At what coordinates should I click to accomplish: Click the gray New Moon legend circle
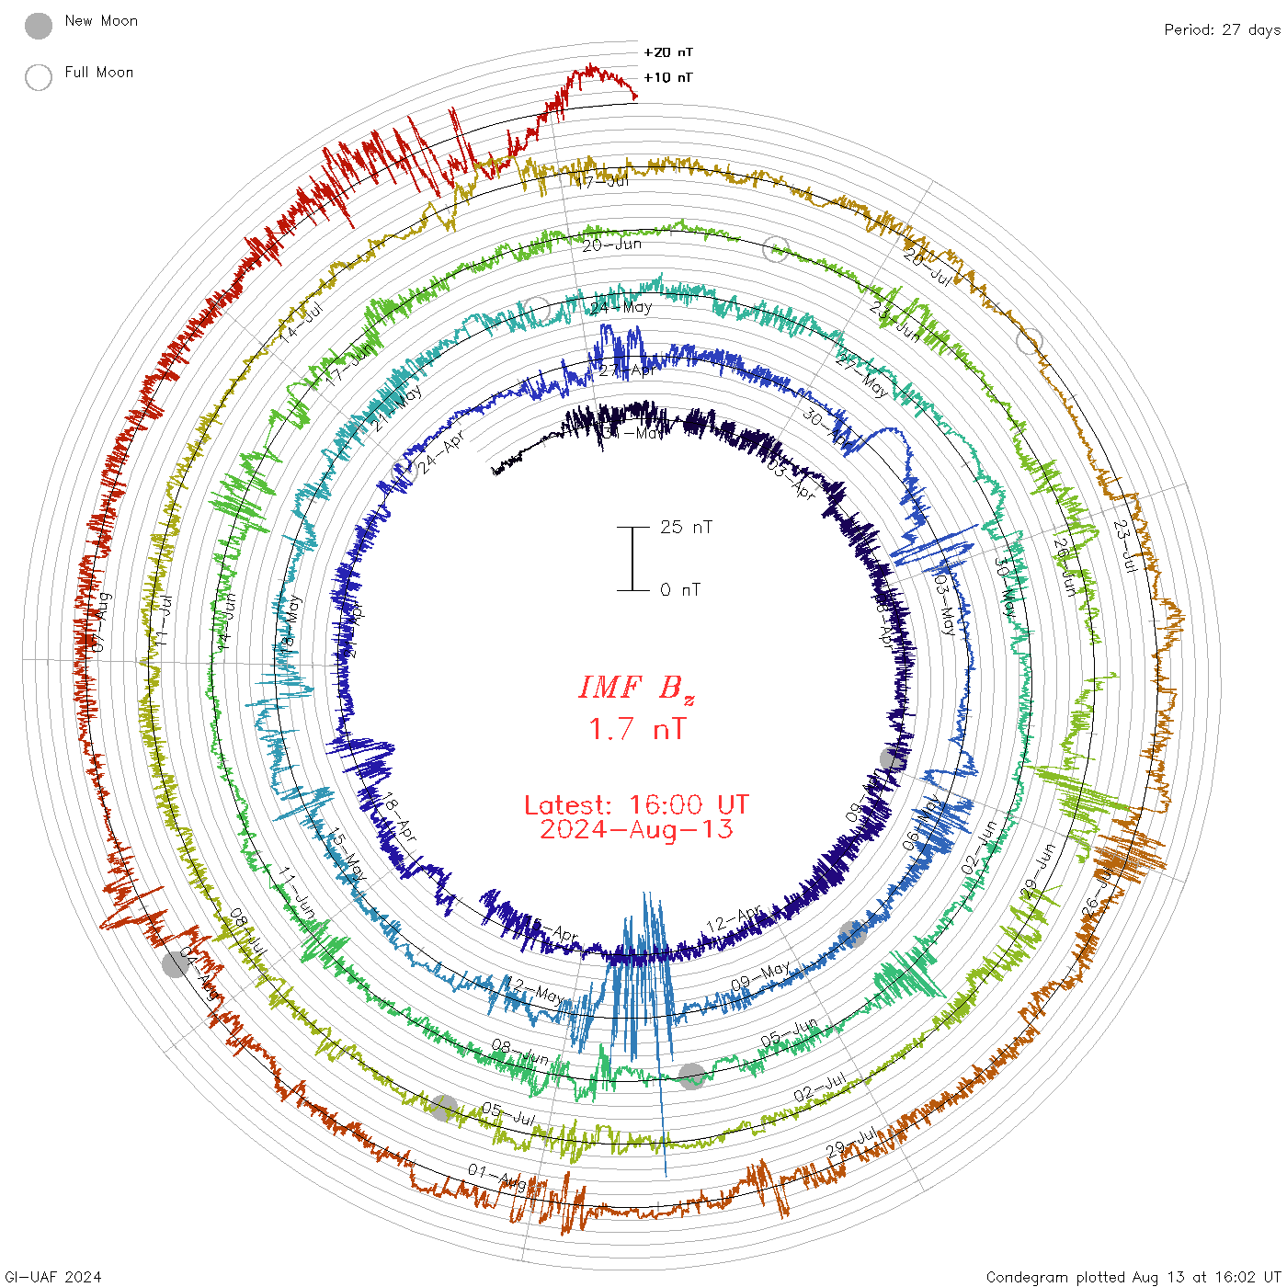tap(39, 26)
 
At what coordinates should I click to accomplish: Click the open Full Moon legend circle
tap(39, 77)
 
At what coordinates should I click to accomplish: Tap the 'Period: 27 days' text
tap(1222, 29)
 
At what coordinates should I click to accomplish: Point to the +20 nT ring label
tap(668, 52)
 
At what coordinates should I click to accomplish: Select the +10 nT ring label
tap(668, 77)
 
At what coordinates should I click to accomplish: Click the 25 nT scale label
tap(686, 527)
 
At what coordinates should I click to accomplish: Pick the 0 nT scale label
tap(680, 589)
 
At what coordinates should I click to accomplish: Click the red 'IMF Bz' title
tap(636, 688)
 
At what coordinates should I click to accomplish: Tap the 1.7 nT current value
tap(636, 729)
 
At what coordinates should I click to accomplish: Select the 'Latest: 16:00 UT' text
tap(636, 805)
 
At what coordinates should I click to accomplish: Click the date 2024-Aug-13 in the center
tap(636, 829)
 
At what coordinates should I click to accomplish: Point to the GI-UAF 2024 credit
tap(53, 1277)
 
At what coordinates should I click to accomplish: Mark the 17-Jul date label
tap(603, 181)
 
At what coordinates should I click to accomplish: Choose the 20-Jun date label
tap(611, 245)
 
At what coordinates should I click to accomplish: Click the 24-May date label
tap(621, 307)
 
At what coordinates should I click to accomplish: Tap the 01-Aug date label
tap(497, 1178)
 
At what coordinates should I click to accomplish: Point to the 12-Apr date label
tap(735, 917)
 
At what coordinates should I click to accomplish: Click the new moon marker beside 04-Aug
tap(176, 964)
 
